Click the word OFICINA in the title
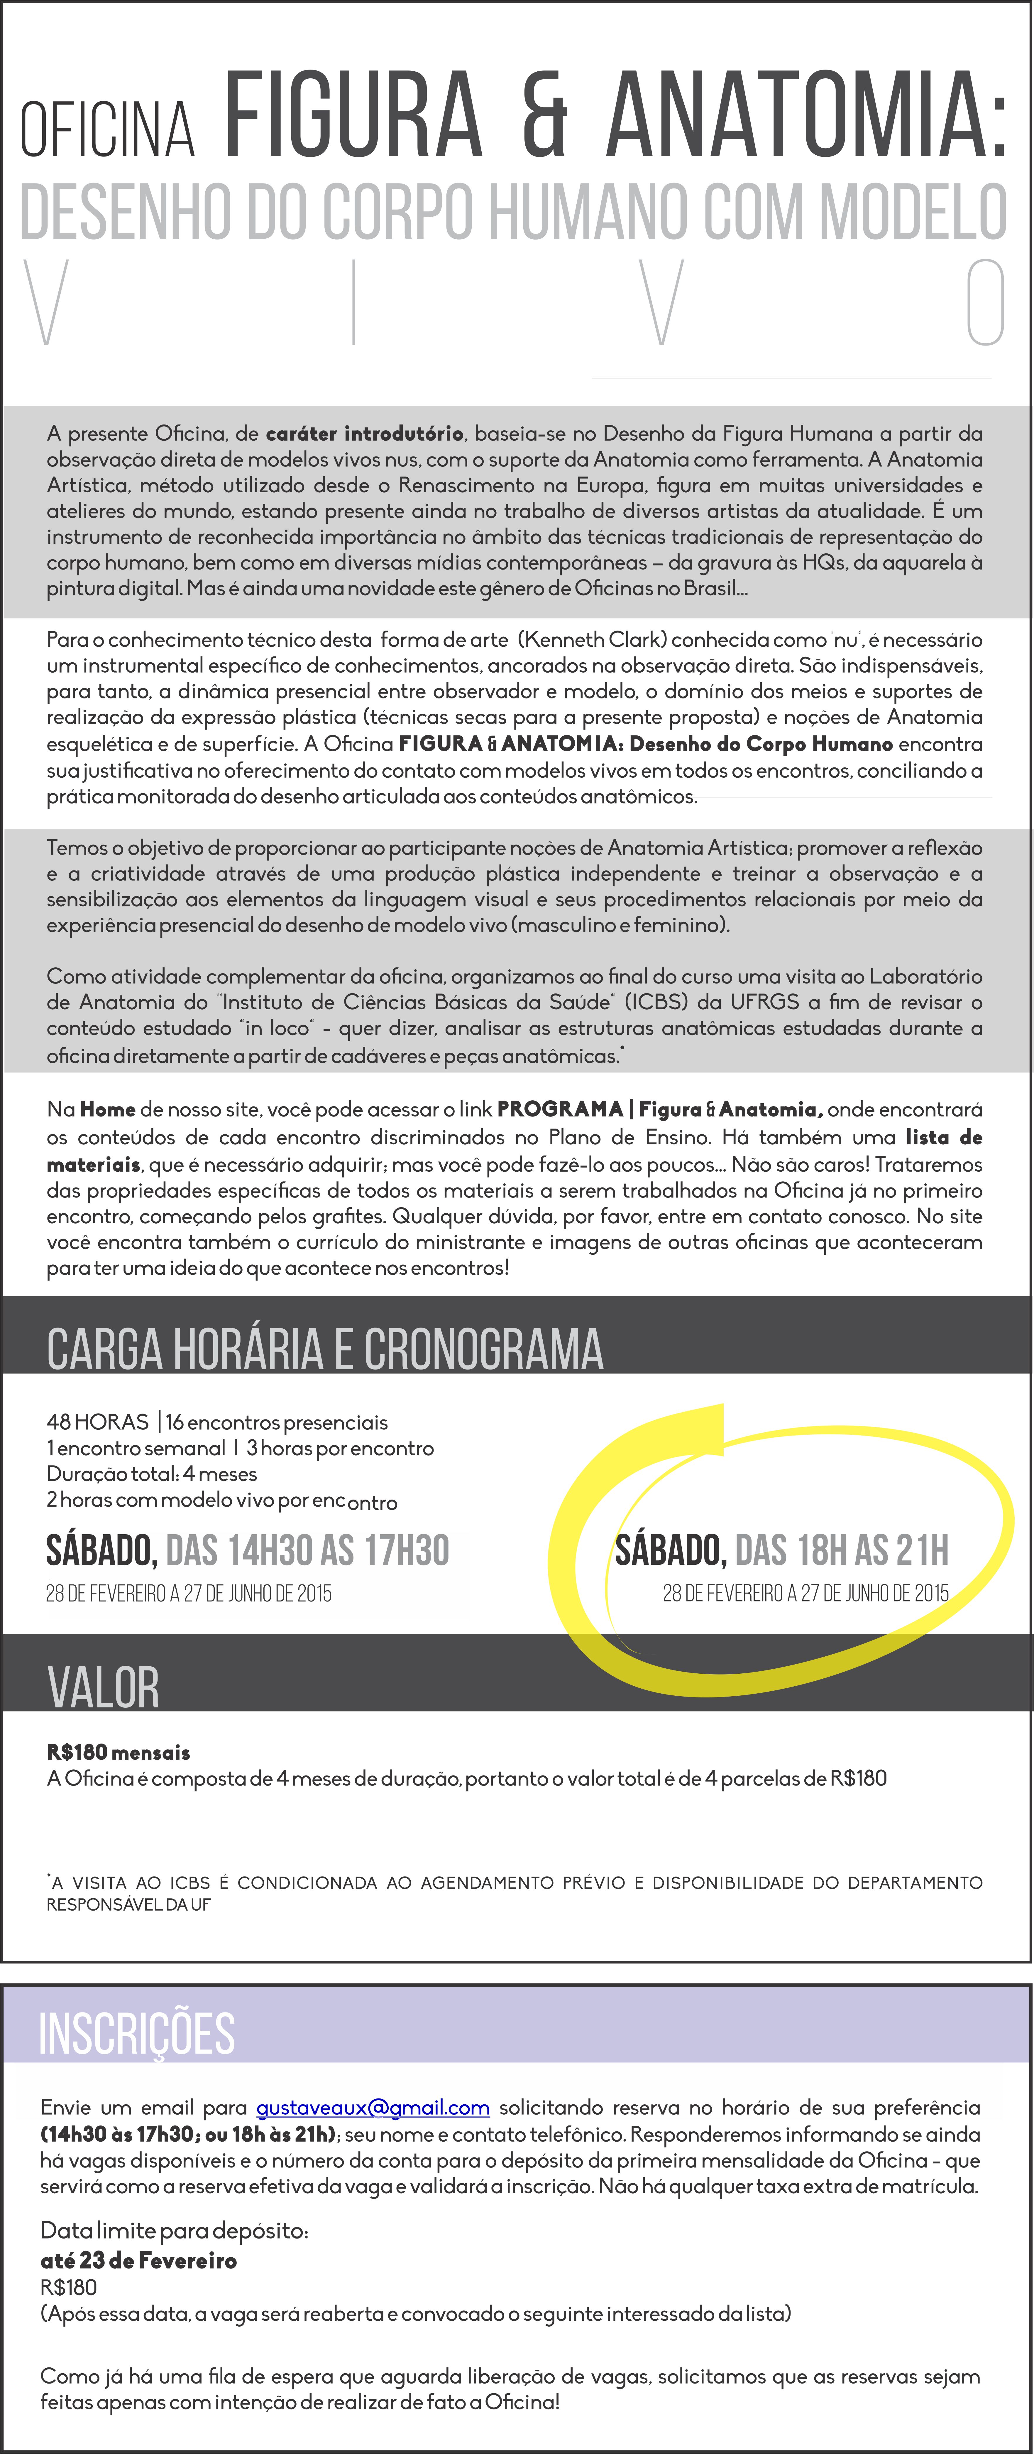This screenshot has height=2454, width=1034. point(108,129)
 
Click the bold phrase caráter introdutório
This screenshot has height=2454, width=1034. point(365,433)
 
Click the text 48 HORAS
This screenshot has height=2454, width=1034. point(97,1422)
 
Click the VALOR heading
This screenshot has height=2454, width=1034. point(103,1687)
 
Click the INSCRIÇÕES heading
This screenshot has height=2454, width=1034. point(136,2033)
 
